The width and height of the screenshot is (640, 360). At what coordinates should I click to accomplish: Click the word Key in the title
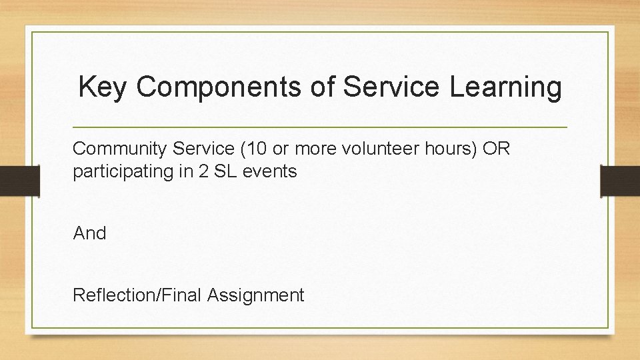(x=101, y=87)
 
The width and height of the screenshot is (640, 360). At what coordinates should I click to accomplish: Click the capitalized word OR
(x=496, y=149)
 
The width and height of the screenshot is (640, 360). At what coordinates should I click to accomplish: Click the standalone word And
(x=89, y=233)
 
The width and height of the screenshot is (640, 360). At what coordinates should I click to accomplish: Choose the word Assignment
(x=255, y=295)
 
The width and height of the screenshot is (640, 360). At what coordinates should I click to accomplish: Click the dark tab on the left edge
(x=19, y=181)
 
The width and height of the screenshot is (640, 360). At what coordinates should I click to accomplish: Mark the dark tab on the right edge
(x=620, y=181)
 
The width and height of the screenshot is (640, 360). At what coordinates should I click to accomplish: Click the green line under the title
(x=319, y=127)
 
